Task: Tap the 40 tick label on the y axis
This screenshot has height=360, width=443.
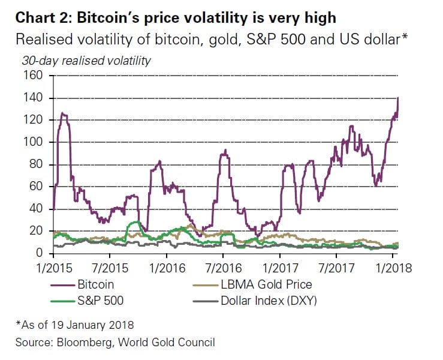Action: click(x=38, y=209)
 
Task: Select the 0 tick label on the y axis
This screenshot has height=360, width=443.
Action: click(x=41, y=253)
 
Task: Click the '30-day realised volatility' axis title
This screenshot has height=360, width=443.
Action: click(x=86, y=60)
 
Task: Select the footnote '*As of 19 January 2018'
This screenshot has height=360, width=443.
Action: click(x=74, y=325)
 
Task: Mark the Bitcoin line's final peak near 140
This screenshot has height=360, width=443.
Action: click(x=398, y=98)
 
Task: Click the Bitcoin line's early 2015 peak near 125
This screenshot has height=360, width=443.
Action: click(x=63, y=113)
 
